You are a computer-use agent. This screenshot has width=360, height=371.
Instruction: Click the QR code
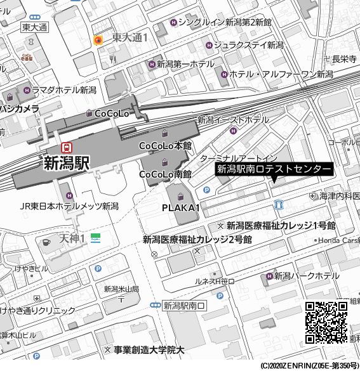coord(326,322)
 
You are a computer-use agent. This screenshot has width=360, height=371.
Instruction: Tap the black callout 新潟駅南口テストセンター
coord(274,169)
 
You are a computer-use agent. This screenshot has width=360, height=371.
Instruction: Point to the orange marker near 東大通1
coord(98,41)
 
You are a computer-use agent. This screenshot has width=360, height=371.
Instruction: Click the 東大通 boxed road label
coord(34,27)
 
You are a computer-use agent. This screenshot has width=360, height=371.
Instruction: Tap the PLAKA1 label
coord(181,208)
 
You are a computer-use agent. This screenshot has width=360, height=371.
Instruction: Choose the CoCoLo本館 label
coord(165,145)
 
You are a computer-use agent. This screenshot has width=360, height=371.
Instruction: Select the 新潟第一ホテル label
coord(185,64)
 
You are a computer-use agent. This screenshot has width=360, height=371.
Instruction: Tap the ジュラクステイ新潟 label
coord(248,45)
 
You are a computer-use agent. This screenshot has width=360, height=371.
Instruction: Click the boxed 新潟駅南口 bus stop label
coord(185,305)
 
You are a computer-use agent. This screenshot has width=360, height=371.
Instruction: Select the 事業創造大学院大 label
coord(149,349)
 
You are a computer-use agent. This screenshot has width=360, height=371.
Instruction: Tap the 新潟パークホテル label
coord(306,276)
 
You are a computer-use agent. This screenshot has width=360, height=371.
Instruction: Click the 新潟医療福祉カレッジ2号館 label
coord(197,240)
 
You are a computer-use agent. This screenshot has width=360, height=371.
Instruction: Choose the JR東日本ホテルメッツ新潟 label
coord(69,206)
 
